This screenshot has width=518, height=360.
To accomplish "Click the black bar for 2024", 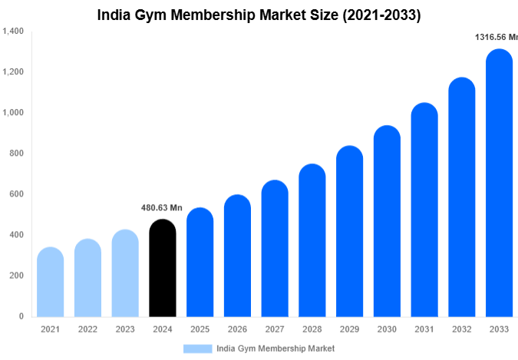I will tap(162, 269).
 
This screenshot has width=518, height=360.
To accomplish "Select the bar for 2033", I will tap(500, 184).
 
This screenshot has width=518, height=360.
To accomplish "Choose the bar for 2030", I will tap(387, 222).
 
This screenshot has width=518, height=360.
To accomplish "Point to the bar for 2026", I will tap(237, 256).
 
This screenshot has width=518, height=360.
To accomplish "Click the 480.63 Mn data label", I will tap(162, 207).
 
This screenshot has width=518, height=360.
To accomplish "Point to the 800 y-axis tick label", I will tap(16, 154).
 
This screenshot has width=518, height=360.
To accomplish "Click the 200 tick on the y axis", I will tap(16, 276).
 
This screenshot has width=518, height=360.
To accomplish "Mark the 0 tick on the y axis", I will tap(21, 316).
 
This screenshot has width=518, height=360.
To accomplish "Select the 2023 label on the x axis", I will tap(125, 329).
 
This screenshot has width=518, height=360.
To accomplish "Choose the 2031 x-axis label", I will tap(424, 329).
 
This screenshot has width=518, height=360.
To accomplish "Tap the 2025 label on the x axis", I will tap(200, 329).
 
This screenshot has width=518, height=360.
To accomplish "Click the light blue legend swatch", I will tap(197, 348).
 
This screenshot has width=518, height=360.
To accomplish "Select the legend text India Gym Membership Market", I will tap(275, 348).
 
